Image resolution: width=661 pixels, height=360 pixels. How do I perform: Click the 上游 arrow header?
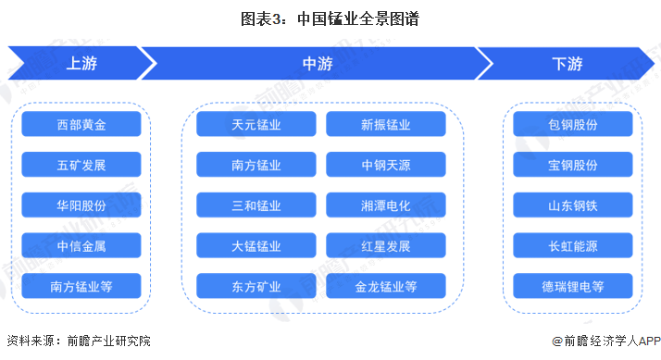82,63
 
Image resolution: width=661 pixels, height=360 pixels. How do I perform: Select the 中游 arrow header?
317,63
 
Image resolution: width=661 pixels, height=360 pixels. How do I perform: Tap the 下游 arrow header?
567,63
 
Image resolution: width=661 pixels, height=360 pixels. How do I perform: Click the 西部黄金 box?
81,124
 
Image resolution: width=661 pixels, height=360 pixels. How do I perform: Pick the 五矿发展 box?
81,165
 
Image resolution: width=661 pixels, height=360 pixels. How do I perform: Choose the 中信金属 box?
81,245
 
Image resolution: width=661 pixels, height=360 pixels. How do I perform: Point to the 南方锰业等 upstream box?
81,286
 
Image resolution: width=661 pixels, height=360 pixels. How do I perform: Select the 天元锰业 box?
256,124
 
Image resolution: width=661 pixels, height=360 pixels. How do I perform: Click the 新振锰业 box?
386,124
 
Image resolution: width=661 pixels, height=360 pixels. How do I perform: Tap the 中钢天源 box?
386,165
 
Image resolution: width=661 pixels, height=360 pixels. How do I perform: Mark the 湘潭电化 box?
386,205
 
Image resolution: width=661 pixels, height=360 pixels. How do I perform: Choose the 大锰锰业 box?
256,245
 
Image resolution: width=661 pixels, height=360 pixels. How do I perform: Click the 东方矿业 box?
256,286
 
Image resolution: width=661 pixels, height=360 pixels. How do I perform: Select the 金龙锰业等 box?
386,286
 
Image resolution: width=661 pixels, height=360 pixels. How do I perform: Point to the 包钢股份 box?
573,124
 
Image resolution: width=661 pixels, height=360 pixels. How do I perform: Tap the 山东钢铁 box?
573,205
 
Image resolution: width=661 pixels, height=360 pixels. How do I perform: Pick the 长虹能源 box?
573,245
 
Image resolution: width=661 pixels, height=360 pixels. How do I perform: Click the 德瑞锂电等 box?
573,286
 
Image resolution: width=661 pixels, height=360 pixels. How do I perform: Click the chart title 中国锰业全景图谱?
358,19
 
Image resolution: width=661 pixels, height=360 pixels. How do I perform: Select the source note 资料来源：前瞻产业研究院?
79,341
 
